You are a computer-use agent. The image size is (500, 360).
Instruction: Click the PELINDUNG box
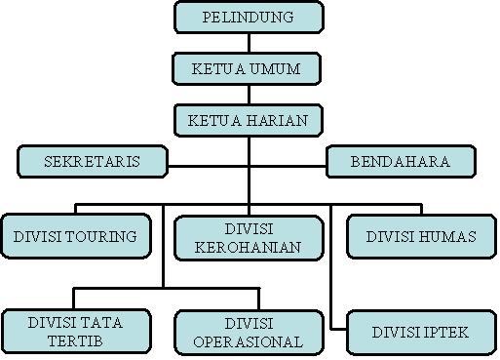point(249,17)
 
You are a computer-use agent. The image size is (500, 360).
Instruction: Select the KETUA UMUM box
point(249,68)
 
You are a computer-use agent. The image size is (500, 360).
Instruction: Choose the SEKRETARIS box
point(93,162)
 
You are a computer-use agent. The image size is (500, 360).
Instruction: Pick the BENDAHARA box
point(400,162)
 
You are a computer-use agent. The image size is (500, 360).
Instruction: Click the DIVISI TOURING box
point(75,237)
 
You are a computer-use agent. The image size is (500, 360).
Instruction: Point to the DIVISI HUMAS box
point(421,237)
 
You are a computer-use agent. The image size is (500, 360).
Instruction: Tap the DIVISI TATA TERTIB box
point(76,332)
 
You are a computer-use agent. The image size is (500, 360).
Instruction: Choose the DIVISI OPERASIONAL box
point(248,332)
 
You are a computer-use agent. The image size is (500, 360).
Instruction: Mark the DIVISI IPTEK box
point(421,332)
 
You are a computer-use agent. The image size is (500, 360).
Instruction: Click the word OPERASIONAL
point(248,341)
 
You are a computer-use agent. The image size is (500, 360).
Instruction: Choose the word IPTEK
point(446,332)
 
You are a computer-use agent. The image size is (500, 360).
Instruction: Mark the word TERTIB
point(76,341)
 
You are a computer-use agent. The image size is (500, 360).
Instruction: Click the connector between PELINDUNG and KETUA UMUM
point(249,42)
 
